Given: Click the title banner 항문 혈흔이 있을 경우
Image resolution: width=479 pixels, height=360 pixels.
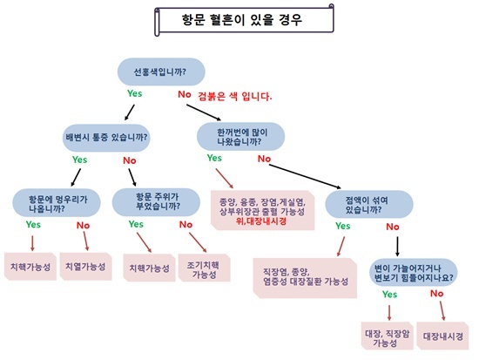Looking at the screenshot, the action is click(x=244, y=20).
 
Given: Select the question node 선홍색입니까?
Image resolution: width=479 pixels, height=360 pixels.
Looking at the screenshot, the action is click(x=161, y=71).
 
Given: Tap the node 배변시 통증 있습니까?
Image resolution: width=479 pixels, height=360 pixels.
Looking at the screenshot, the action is click(x=106, y=138).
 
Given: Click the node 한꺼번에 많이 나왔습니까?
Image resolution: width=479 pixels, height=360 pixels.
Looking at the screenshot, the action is click(x=240, y=137).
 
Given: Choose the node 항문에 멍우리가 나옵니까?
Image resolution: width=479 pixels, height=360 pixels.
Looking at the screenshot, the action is click(x=57, y=203).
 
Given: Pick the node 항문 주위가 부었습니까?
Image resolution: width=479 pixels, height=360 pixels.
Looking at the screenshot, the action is click(x=156, y=202).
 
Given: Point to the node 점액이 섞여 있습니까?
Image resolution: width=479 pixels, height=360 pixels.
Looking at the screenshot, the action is click(x=369, y=205).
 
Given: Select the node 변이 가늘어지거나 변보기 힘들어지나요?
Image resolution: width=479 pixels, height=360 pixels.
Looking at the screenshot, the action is click(x=414, y=273).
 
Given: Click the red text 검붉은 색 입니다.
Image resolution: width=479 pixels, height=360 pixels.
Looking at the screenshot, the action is click(x=234, y=97).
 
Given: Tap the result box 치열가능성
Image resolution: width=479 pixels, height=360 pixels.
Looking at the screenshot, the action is click(x=85, y=267).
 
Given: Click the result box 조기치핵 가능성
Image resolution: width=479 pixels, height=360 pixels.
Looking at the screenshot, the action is click(x=204, y=268).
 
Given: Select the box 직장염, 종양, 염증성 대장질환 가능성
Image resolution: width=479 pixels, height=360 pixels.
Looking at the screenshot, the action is click(x=305, y=278).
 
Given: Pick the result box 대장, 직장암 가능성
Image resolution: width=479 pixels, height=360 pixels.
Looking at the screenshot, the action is click(x=387, y=336).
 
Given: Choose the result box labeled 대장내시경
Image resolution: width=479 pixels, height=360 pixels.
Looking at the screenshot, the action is click(x=442, y=336).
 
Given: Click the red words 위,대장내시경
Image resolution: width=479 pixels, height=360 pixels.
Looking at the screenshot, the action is click(x=261, y=221).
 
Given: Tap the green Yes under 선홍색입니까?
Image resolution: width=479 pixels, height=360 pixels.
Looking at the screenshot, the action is click(x=135, y=93).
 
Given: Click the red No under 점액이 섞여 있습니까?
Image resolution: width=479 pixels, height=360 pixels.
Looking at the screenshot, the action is click(x=393, y=227).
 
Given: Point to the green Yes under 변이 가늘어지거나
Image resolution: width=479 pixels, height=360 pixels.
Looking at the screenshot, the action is click(x=390, y=295).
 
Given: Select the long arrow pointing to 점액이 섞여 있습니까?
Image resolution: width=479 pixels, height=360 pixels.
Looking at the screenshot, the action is click(x=305, y=176).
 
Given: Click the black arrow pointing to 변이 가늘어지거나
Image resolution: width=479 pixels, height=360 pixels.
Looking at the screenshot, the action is click(x=397, y=247).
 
